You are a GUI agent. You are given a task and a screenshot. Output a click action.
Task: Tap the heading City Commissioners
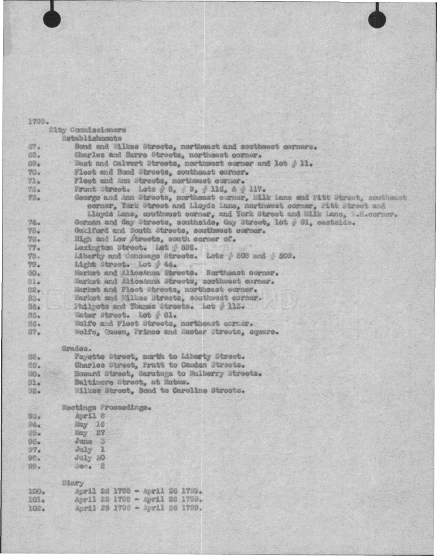click(87, 130)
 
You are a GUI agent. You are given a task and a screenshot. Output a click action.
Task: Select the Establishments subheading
click(91, 138)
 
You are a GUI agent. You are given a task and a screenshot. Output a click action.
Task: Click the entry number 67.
click(34, 147)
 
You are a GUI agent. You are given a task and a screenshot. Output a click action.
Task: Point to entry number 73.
click(34, 197)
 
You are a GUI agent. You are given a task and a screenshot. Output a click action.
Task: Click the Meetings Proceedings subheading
click(107, 407)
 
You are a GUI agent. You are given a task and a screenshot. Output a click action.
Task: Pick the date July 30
click(87, 457)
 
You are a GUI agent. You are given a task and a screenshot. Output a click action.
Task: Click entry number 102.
click(36, 507)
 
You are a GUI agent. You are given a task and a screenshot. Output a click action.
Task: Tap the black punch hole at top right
click(377, 19)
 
